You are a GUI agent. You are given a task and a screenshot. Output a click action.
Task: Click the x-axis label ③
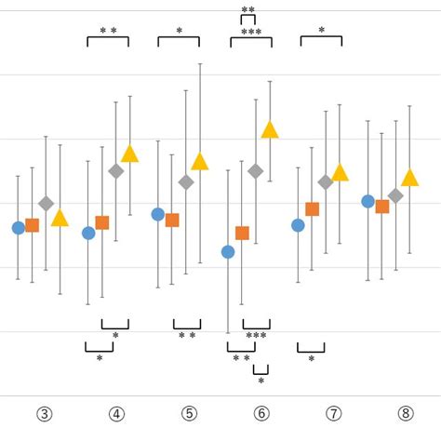click(x=44, y=414)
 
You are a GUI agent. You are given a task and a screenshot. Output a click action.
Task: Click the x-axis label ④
click(x=116, y=414)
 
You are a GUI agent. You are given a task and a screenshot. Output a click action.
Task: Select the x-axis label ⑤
click(x=189, y=414)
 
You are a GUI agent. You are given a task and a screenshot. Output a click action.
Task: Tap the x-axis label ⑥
click(x=261, y=414)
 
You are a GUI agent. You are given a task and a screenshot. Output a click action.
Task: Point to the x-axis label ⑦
click(x=334, y=414)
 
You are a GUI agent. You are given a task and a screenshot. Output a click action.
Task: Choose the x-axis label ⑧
click(x=406, y=414)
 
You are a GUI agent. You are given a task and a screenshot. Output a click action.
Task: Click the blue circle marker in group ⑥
click(x=228, y=252)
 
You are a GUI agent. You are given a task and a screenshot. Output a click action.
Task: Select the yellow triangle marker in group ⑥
click(x=270, y=130)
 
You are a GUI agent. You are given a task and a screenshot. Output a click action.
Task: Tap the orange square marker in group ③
click(x=33, y=225)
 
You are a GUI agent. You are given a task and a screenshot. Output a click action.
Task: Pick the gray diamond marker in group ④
click(x=116, y=171)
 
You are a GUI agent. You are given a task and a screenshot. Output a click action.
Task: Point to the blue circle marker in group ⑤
click(x=158, y=214)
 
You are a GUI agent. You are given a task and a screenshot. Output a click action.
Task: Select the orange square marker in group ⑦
click(x=313, y=209)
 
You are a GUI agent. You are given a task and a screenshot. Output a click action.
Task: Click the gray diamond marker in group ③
click(x=47, y=203)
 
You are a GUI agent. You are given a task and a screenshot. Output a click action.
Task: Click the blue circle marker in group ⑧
click(x=367, y=201)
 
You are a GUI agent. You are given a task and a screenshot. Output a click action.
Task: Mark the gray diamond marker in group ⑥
click(x=256, y=170)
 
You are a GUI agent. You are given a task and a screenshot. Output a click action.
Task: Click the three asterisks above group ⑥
click(x=251, y=33)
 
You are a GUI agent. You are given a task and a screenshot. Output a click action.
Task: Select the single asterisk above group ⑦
click(x=322, y=31)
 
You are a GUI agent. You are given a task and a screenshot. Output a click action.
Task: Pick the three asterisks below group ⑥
click(x=256, y=336)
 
